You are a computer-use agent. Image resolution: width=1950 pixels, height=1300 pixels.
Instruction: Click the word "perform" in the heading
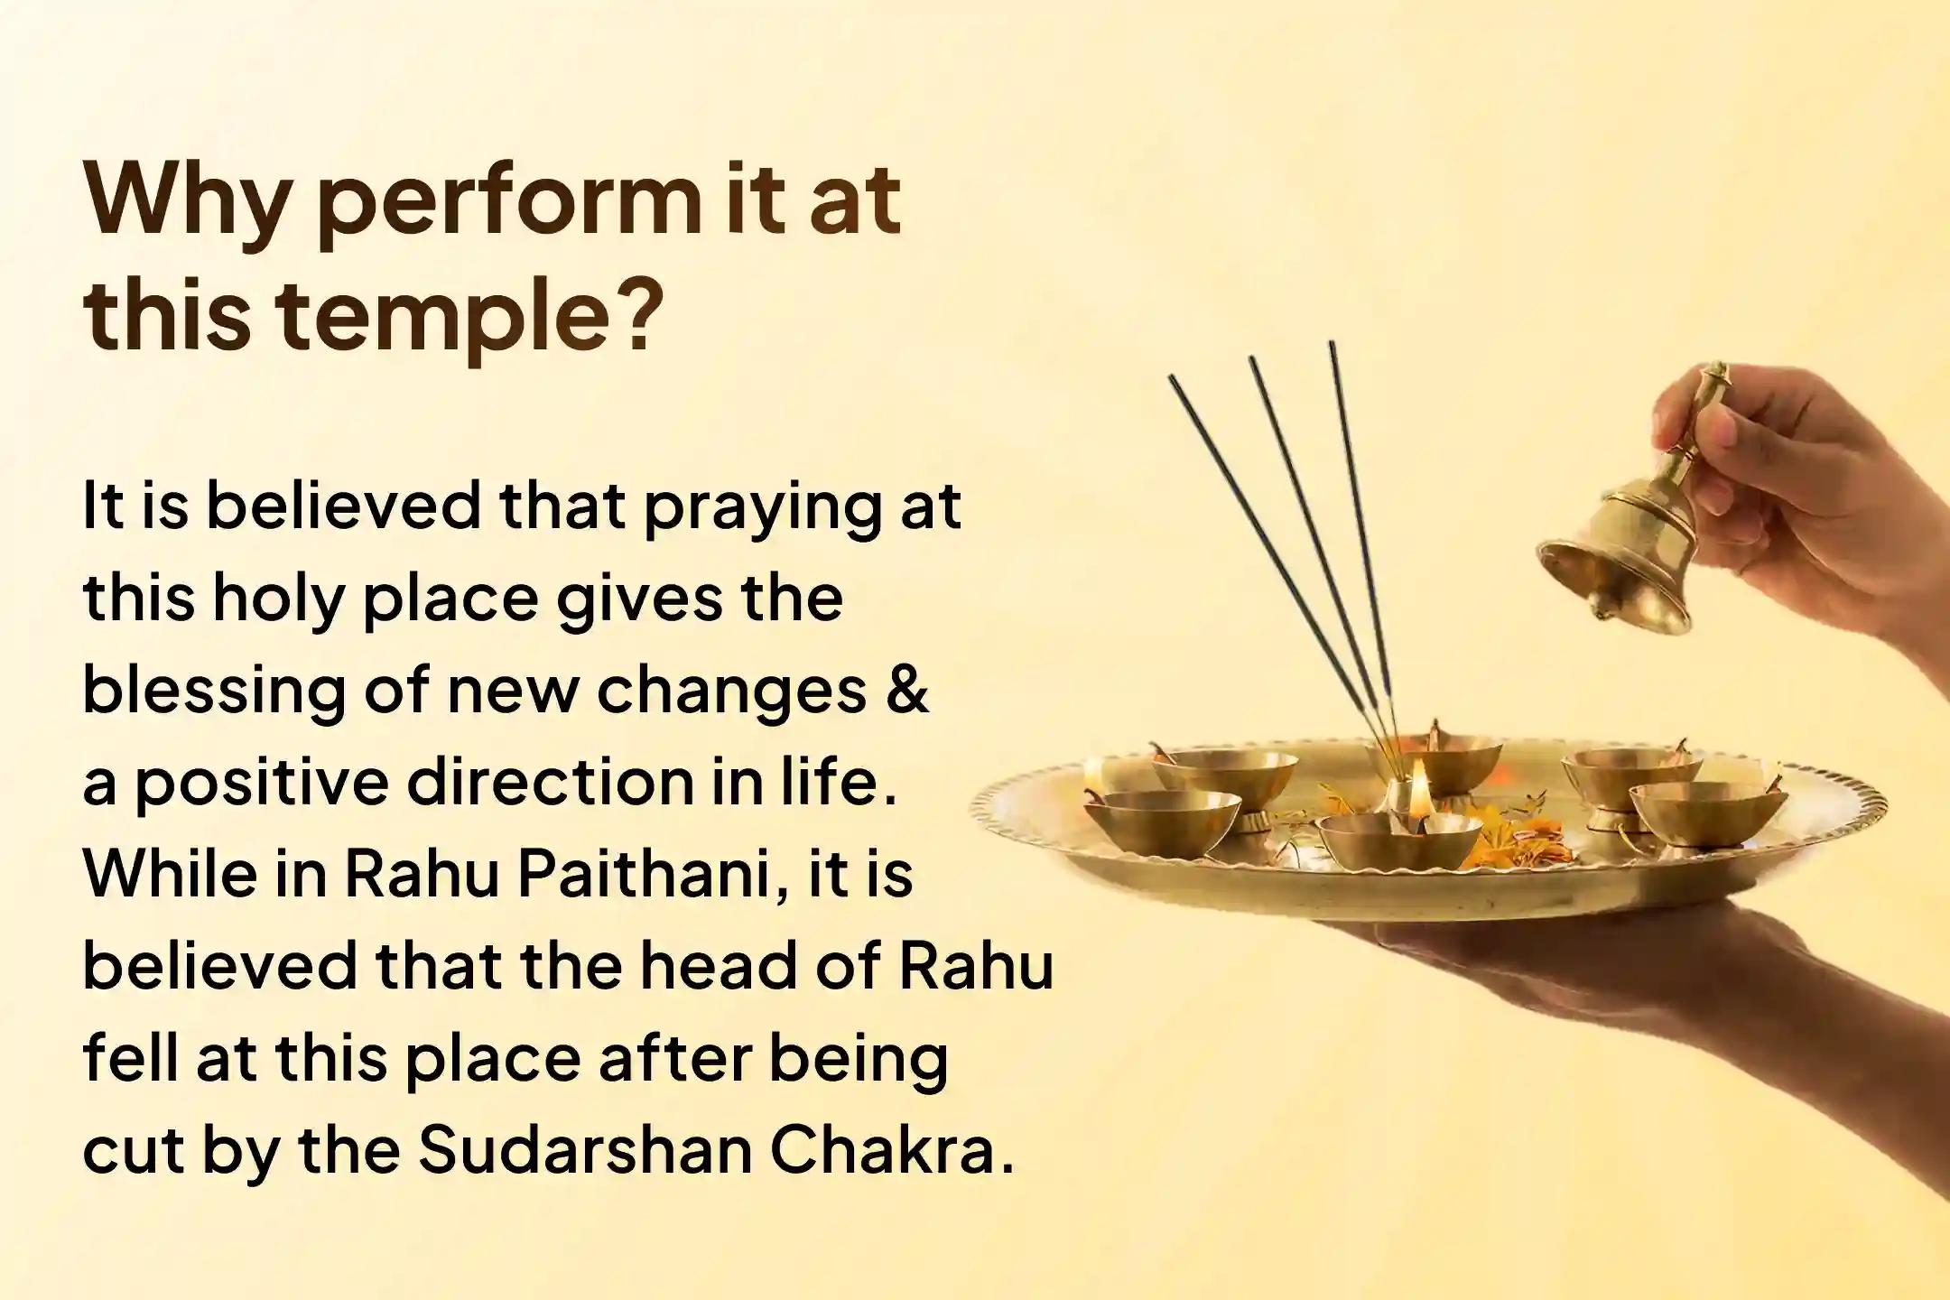pos(506,205)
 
